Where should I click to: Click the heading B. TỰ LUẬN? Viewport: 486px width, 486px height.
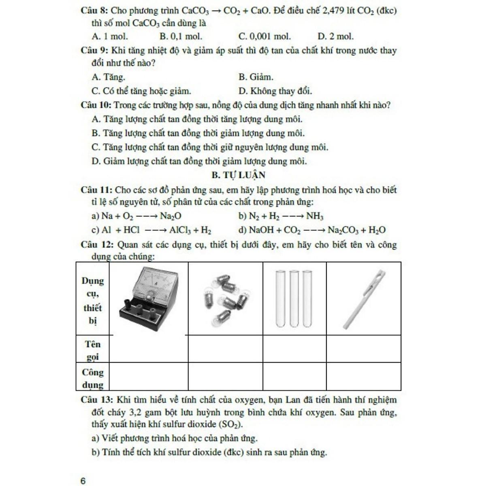[x=239, y=175]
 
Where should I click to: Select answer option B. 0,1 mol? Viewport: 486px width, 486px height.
[x=181, y=36]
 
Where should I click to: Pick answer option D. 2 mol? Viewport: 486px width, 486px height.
[x=335, y=36]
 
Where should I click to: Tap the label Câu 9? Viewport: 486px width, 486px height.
[x=95, y=51]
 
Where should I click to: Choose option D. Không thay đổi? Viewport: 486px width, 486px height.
[x=275, y=91]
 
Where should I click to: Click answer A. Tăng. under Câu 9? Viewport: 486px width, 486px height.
[x=108, y=77]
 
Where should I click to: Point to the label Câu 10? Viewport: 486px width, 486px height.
[x=96, y=105]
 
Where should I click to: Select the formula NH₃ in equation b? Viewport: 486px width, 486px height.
[x=315, y=216]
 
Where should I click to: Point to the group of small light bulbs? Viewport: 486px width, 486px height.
[x=226, y=298]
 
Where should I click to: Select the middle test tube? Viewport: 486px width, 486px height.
[x=294, y=298]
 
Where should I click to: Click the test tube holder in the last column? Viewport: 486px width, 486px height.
[x=364, y=298]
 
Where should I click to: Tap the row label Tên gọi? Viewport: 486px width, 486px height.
[x=93, y=350]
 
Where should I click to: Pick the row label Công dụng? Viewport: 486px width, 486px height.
[x=93, y=378]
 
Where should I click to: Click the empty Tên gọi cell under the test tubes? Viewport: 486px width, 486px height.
[x=294, y=349]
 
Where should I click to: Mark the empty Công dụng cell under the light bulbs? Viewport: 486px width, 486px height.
[x=226, y=377]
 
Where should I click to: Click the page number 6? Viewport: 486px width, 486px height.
[x=83, y=481]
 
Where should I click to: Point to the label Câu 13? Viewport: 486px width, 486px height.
[x=96, y=400]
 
